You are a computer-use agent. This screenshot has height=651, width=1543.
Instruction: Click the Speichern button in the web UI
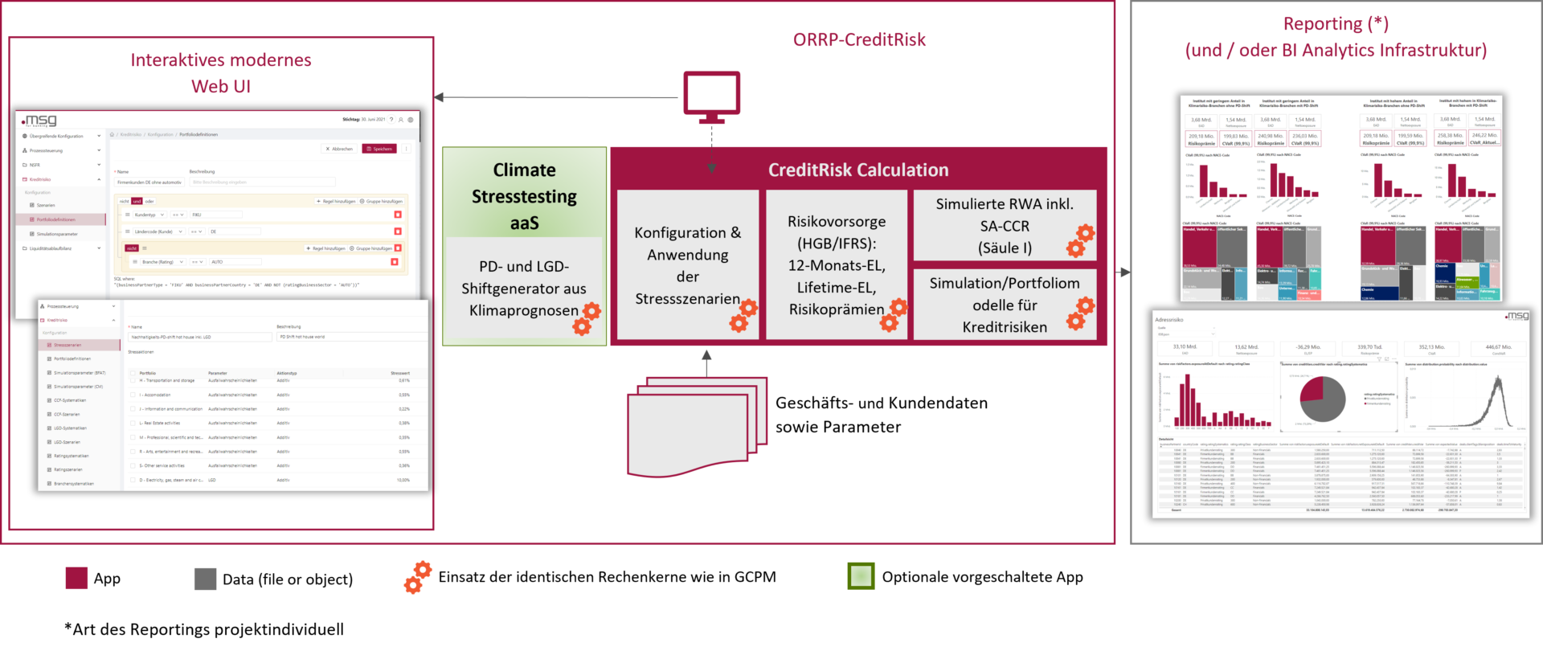click(x=379, y=149)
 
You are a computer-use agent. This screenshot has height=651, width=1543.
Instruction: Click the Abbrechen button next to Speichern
click(x=339, y=149)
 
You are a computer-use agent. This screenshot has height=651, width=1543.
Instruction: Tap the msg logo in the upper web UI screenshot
click(x=39, y=121)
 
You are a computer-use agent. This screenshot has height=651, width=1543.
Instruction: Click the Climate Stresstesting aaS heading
click(x=524, y=196)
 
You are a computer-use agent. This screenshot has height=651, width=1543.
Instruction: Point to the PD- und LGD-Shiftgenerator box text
click(x=524, y=289)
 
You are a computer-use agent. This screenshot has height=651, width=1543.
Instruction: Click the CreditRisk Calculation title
click(x=858, y=170)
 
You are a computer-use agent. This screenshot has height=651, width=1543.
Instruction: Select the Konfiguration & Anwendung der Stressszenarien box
click(x=687, y=265)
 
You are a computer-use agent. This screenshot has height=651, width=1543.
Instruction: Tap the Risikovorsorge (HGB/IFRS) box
click(x=837, y=265)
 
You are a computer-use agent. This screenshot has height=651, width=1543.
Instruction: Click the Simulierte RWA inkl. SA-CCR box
click(x=1004, y=226)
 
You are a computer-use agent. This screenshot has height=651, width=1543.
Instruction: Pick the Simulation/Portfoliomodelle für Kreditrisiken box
click(x=1004, y=305)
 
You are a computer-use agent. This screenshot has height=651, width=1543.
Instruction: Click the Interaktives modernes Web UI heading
click(x=221, y=72)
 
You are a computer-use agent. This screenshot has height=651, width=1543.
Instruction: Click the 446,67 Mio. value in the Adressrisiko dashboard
click(x=1498, y=347)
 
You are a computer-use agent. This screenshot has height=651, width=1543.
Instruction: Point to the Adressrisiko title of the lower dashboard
click(x=1169, y=320)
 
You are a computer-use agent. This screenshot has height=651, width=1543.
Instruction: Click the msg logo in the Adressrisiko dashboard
click(x=1516, y=316)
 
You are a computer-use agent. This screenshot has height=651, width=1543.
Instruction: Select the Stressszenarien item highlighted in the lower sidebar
click(x=68, y=345)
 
